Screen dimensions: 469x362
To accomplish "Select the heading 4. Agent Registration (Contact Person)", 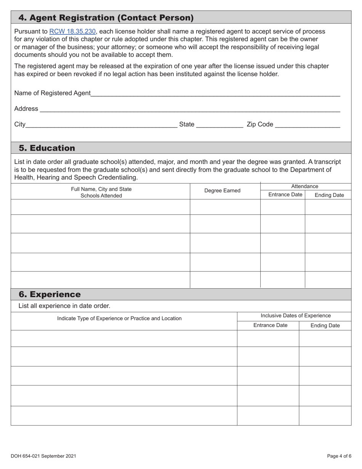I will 106,18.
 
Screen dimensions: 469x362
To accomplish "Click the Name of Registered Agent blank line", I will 215,93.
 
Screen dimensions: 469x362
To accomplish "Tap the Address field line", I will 190,109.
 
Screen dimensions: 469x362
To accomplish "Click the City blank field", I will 101,124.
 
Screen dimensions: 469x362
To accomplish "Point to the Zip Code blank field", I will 308,124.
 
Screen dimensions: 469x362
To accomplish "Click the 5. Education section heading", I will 47,148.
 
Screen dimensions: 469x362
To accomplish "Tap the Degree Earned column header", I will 223,191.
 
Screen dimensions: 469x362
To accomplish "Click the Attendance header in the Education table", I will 304,186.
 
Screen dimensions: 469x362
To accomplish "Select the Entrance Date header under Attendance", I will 285,195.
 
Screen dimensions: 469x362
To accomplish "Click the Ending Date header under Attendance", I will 329,195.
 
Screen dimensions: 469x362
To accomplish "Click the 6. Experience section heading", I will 50,294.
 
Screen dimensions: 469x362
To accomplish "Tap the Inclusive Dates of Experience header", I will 296,316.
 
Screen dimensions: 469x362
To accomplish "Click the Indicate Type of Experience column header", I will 119,318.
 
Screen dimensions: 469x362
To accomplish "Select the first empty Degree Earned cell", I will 225,207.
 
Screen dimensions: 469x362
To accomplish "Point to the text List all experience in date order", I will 64,306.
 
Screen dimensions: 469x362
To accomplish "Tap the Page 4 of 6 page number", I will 339,456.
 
